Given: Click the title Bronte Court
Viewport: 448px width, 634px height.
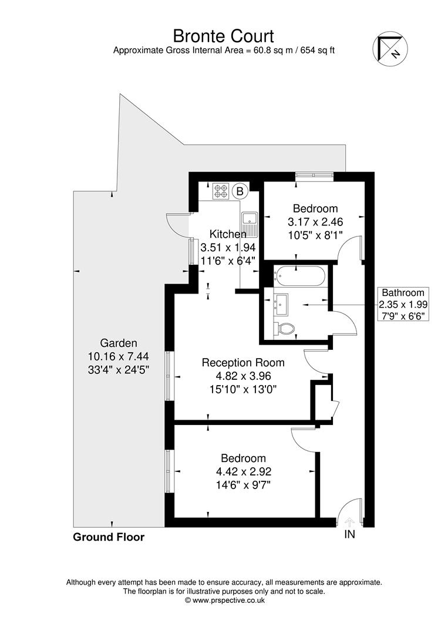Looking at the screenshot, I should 223,36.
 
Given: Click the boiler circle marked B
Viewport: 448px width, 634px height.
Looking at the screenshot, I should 240,190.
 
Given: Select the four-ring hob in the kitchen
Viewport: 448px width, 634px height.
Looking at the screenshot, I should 221,190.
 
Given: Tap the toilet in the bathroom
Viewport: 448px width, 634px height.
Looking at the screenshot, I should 283,329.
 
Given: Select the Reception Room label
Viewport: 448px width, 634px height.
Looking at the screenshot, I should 242,363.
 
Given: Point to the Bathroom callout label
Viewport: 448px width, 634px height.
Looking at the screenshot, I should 403,292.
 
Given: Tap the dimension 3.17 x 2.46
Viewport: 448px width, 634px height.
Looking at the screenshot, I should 315,222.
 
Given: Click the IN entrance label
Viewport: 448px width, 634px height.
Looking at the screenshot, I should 349,535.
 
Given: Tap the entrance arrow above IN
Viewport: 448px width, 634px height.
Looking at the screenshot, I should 349,521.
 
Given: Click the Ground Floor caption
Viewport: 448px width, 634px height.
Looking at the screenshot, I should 109,537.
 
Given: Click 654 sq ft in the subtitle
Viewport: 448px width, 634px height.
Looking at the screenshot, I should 318,50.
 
